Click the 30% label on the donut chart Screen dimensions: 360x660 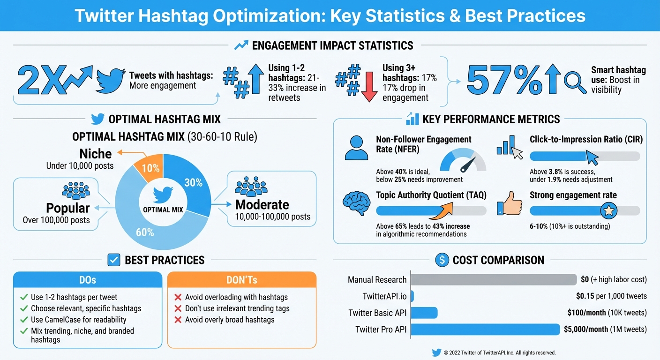click(x=193, y=183)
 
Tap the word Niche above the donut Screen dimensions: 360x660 click(x=95, y=154)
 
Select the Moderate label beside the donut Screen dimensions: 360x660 click(x=262, y=205)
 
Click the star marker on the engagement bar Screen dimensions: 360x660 click(x=608, y=211)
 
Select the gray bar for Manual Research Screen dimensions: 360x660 click(x=494, y=279)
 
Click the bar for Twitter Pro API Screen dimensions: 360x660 click(x=485, y=330)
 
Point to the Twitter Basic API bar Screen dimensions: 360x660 click(x=424, y=313)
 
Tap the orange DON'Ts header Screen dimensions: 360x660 click(x=241, y=280)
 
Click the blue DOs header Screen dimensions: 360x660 click(x=88, y=280)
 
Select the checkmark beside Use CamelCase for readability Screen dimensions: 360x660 click(x=24, y=320)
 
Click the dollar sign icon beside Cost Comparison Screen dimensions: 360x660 click(x=442, y=260)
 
